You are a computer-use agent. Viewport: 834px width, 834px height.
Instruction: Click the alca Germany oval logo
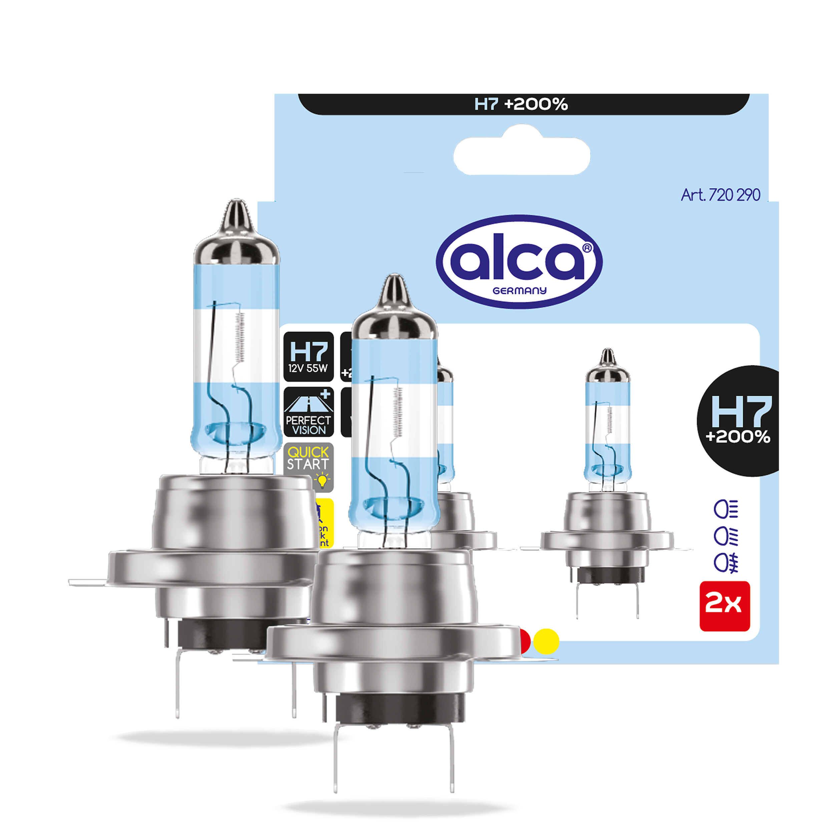click(519, 262)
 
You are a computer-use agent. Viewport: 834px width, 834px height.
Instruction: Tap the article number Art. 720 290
click(720, 195)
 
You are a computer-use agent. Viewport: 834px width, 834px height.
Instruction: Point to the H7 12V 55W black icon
click(308, 357)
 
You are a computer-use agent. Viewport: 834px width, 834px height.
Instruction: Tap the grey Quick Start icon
click(308, 466)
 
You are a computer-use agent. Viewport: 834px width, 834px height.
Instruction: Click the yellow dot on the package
click(546, 641)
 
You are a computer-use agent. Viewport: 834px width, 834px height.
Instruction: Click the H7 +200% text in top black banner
click(521, 104)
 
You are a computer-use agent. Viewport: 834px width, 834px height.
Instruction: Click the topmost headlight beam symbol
click(726, 510)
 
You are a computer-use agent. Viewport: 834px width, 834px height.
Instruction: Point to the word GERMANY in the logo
click(519, 291)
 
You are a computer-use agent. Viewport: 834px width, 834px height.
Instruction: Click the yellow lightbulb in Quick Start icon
click(322, 480)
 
